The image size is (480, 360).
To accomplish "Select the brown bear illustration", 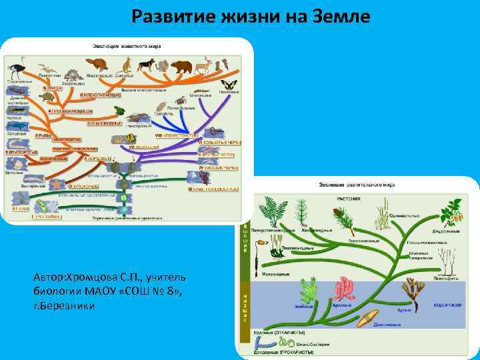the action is click(x=181, y=67).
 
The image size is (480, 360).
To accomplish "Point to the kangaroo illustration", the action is click(x=125, y=64).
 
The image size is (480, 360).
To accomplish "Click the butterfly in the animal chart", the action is click(x=231, y=85).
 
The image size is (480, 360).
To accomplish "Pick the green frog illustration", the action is click(x=119, y=110).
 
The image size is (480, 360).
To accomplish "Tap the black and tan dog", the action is click(x=145, y=65).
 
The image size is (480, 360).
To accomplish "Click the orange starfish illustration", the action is click(x=57, y=183).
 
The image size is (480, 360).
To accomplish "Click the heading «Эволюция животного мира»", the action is click(x=131, y=46).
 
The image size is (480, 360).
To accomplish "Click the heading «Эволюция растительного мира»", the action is click(x=357, y=184).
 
